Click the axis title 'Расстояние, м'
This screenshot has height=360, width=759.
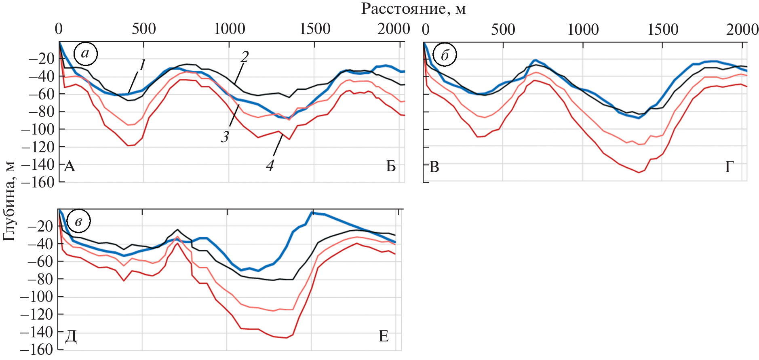413,8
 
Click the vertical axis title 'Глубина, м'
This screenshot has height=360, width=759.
9,201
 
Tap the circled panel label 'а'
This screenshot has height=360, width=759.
85,54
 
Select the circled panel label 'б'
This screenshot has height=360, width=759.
445,55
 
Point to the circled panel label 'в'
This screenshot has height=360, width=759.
78,221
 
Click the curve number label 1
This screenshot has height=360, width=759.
142,65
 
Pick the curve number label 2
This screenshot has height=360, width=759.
244,57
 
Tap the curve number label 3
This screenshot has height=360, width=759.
225,137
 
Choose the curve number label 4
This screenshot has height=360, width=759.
270,165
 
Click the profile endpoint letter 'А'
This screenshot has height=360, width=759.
70,166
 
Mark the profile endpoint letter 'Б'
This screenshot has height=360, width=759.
390,166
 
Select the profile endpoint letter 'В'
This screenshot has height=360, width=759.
434,167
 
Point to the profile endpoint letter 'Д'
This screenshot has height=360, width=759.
71,336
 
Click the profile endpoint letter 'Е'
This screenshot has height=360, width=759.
383,336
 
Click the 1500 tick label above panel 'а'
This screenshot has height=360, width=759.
315,29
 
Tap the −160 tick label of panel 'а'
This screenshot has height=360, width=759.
38,182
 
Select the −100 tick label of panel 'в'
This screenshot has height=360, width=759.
36,297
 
